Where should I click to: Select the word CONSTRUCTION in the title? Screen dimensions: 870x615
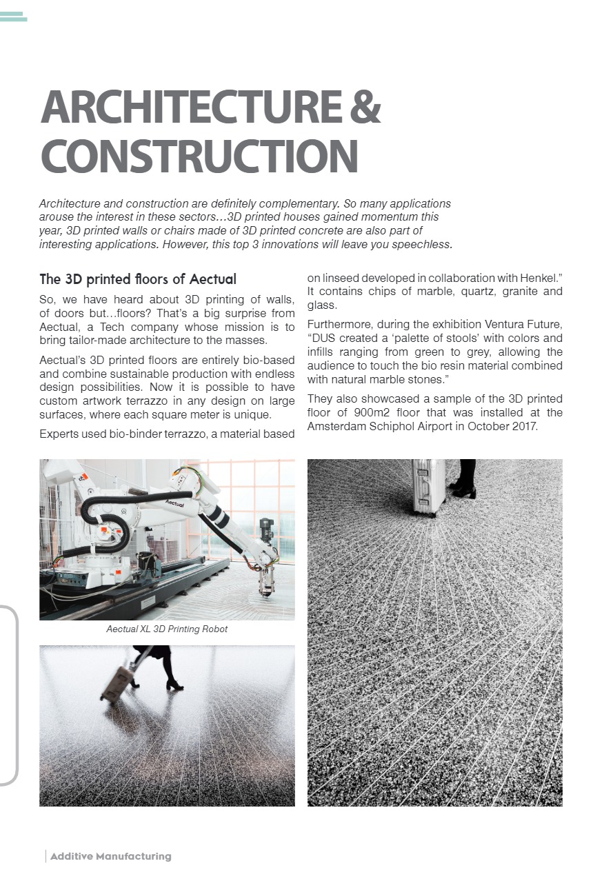pos(199,156)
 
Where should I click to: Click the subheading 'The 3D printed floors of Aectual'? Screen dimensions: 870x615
pos(138,279)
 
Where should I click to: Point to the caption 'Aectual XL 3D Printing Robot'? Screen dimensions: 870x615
pos(167,629)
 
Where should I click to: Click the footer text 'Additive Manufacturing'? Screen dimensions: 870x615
pos(110,856)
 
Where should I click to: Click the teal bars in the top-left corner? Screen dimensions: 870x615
pos(14,17)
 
